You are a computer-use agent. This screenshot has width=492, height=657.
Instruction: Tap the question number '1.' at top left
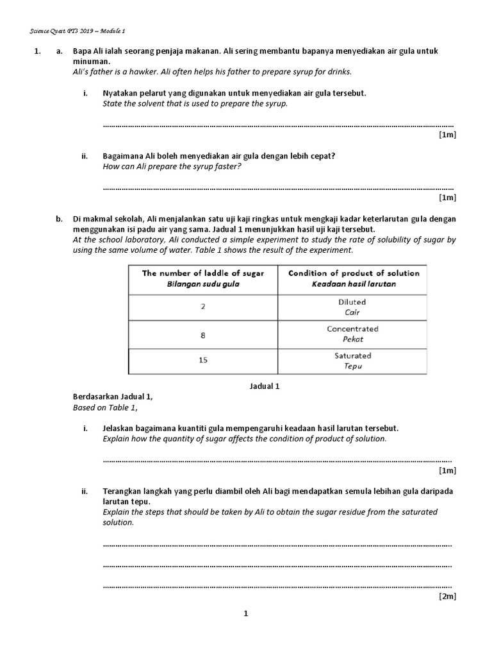pos(37,51)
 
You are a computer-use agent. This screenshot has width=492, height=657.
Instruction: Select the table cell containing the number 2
pos(203,307)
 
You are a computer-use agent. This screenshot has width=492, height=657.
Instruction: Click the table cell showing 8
pos(203,334)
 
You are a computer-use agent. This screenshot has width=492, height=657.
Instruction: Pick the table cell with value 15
pos(203,361)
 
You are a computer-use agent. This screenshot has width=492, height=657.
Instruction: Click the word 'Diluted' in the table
pos(352,302)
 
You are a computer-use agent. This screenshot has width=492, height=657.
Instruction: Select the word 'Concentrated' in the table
pos(352,328)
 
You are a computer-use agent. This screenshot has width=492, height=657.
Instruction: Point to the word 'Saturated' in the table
pos(352,355)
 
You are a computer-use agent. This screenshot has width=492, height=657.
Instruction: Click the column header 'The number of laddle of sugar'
pos(203,273)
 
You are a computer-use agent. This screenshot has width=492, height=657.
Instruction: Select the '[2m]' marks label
pos(447,596)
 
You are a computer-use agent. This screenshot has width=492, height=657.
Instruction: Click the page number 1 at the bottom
pos(245,614)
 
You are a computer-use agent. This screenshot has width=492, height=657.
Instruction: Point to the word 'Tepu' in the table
pos(352,366)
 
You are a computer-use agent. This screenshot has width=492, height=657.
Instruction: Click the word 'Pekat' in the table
pos(352,339)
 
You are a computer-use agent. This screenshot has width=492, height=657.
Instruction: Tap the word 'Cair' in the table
pos(352,312)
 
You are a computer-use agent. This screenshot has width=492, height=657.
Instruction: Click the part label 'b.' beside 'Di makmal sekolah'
pos(59,219)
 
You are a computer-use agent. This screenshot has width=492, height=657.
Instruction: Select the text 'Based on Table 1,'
pos(105,407)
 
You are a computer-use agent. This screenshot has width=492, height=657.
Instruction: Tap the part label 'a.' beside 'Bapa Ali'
pos(59,51)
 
